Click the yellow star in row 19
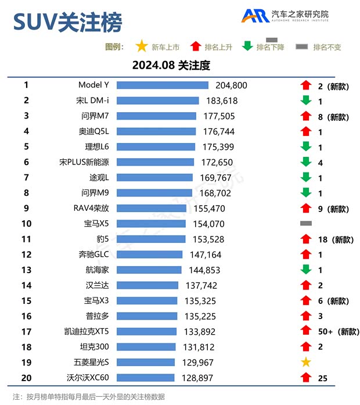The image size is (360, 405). click(305, 363)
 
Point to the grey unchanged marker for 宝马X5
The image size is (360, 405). click(305, 224)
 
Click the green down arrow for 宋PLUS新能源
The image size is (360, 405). click(305, 162)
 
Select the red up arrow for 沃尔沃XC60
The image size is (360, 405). click(305, 378)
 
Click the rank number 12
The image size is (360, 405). click(26, 255)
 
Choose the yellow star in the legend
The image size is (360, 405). click(141, 46)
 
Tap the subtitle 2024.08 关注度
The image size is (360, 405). click(171, 65)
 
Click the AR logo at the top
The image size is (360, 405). click(255, 16)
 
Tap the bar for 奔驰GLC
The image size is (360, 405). click(151, 255)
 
